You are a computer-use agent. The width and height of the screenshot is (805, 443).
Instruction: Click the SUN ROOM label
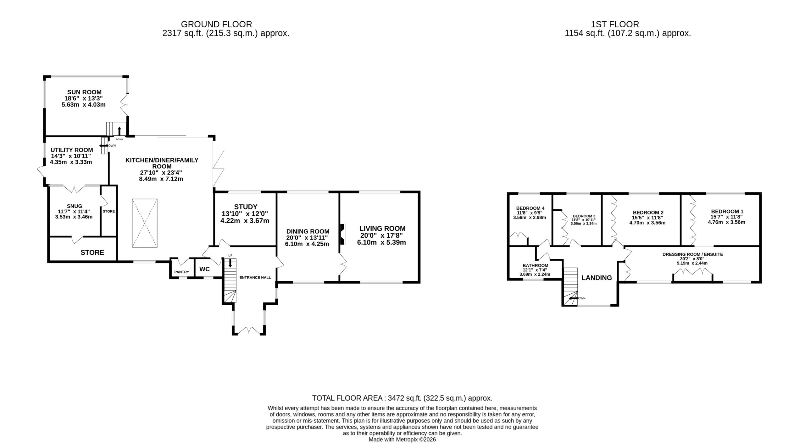tap(84, 92)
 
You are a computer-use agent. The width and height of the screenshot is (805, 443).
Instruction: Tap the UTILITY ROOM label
tap(72, 150)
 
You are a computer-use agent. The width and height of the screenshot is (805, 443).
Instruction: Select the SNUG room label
tap(75, 206)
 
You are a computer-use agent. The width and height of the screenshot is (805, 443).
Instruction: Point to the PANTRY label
tap(182, 272)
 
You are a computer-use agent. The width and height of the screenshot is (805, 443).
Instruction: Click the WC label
tap(204, 269)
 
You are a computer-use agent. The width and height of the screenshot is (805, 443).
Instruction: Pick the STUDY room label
tap(246, 207)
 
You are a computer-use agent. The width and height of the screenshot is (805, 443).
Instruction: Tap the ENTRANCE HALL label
tap(255, 277)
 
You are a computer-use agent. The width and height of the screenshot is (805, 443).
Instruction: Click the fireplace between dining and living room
tap(342, 234)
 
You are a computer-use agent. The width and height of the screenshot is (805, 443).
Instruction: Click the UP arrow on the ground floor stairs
tap(230, 263)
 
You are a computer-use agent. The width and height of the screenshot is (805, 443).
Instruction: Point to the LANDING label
tap(597, 278)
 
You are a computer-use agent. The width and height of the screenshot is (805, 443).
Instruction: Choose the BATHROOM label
tap(535, 265)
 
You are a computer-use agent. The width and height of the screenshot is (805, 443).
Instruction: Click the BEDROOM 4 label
tap(530, 208)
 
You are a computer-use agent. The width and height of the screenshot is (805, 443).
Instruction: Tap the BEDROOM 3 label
tap(584, 216)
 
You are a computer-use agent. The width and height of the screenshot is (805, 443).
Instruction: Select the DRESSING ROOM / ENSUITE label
tap(692, 254)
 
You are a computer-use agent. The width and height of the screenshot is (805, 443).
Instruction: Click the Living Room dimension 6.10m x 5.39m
tap(381, 242)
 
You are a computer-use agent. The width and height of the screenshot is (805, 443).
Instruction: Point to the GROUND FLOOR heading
tap(216, 24)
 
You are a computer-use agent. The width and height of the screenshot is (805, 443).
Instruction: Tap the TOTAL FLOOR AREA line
tap(402, 398)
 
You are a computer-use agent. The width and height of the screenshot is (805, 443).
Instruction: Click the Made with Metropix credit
tap(402, 440)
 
